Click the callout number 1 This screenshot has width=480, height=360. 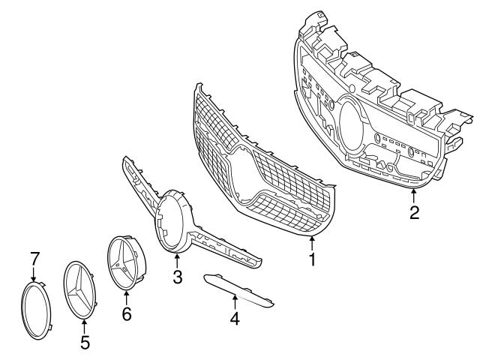click(312, 260)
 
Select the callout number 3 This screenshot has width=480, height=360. click(177, 277)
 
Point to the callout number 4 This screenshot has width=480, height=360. click(235, 318)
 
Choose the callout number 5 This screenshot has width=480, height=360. click(85, 343)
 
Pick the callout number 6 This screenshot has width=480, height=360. click(126, 314)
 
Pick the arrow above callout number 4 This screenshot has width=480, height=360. click(235, 301)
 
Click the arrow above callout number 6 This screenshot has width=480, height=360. click(126, 298)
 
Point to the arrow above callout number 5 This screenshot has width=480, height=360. click(85, 325)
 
